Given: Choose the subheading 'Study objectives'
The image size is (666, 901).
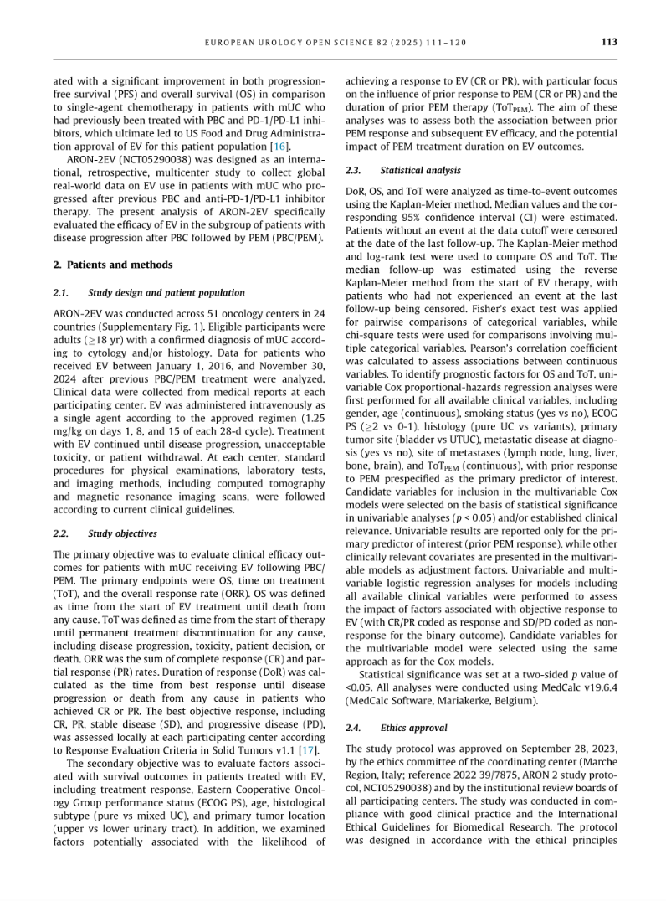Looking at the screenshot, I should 122,533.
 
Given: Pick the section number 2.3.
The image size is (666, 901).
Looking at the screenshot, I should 354,170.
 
